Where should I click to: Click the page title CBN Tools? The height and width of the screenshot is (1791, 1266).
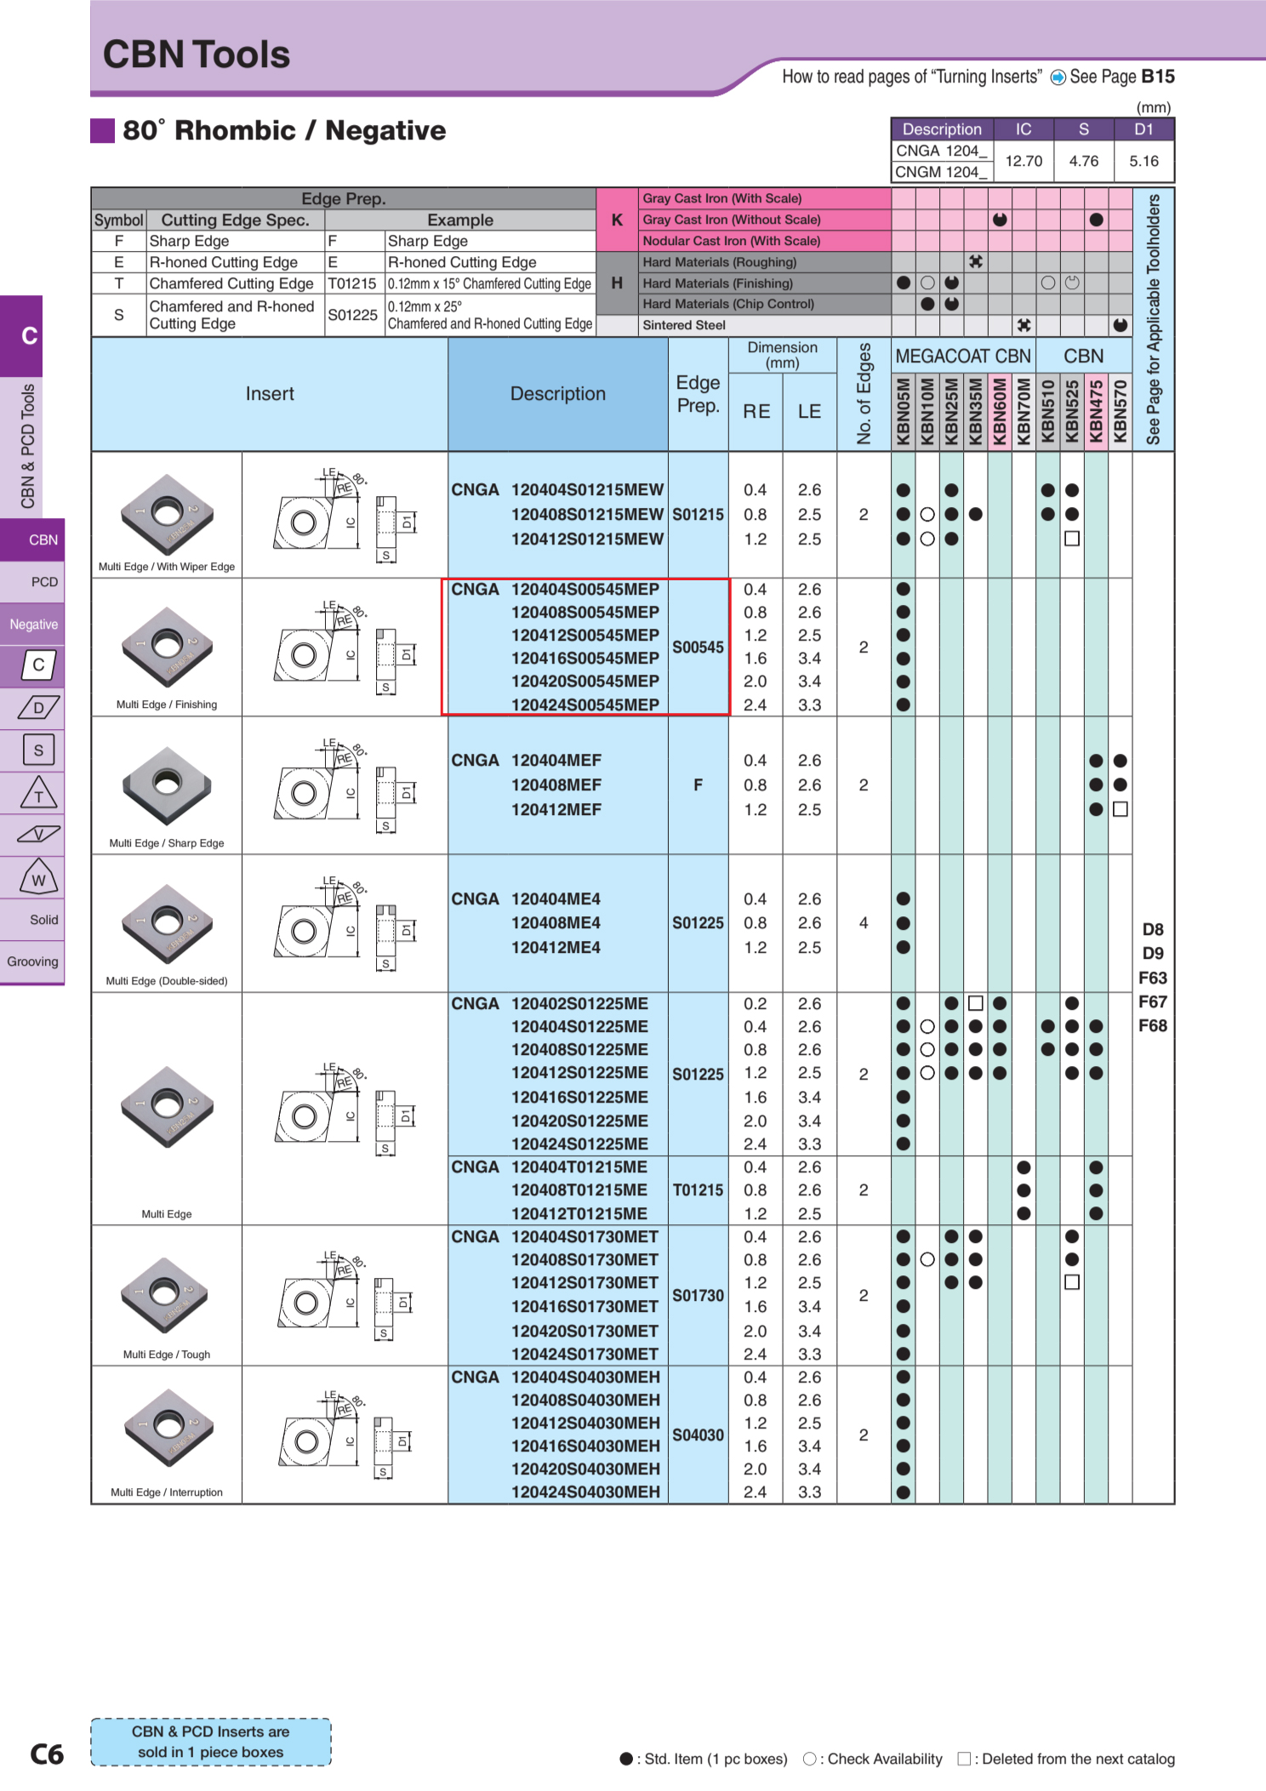point(197,54)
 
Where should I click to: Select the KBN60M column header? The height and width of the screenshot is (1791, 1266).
point(1000,411)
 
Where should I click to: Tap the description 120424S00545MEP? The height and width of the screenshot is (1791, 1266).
point(585,704)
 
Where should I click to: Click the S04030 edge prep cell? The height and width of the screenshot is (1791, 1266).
point(698,1435)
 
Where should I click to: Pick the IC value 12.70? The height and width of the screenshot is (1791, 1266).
point(1024,161)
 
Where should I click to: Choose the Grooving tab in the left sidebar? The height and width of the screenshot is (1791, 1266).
point(32,961)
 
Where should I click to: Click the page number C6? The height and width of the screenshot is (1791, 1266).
point(47,1754)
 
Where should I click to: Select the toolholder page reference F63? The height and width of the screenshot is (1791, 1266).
point(1153,978)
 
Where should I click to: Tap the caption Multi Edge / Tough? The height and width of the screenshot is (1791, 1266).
point(167,1355)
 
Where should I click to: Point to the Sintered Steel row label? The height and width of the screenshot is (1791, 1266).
point(684,325)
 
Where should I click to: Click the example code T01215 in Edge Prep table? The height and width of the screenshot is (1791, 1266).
point(352,283)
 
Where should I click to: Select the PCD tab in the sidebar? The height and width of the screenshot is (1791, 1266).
point(44,582)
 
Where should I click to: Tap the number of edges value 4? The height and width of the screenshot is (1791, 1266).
point(864,923)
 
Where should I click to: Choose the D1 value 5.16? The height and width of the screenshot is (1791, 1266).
point(1143,161)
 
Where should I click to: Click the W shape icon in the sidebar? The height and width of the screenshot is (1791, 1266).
point(39,878)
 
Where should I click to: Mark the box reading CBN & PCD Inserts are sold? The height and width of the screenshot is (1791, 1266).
point(211,1742)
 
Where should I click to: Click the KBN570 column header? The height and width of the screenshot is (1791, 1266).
point(1121,411)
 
